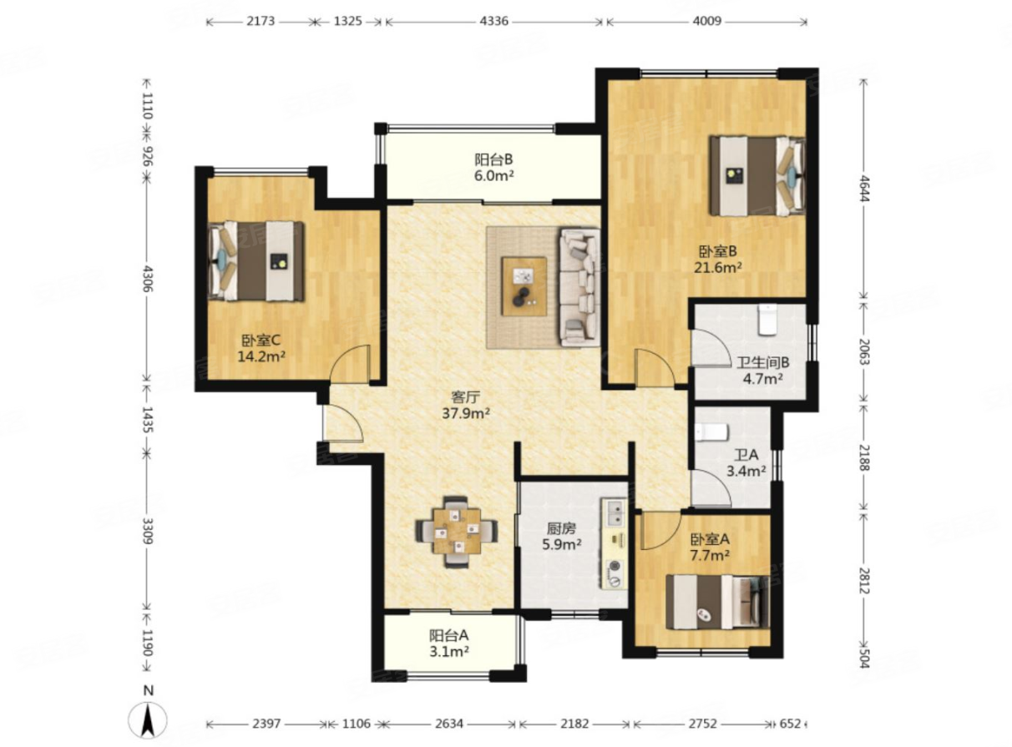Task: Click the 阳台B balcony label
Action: pyautogui.click(x=493, y=159)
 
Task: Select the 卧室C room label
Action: pyautogui.click(x=261, y=341)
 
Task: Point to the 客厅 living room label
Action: pyautogui.click(x=466, y=397)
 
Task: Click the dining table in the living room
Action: pyautogui.click(x=456, y=532)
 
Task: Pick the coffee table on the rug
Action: pyautogui.click(x=524, y=286)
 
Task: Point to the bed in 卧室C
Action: pyautogui.click(x=256, y=261)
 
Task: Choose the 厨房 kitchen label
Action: pyautogui.click(x=561, y=528)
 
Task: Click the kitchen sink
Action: pyautogui.click(x=615, y=513)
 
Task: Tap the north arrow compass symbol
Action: pyautogui.click(x=147, y=719)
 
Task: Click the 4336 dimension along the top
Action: pyautogui.click(x=494, y=21)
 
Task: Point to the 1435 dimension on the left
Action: pyautogui.click(x=147, y=419)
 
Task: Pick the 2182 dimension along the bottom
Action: pyautogui.click(x=574, y=724)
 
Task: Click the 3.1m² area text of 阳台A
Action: pyautogui.click(x=449, y=652)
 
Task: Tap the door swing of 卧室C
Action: pyautogui.click(x=350, y=363)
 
